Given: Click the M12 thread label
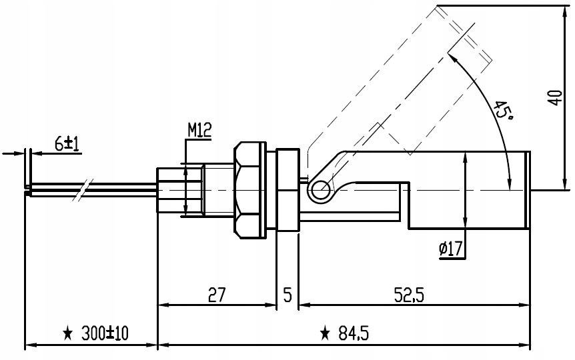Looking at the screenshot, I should pos(199,130).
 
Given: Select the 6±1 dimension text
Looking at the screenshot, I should pos(67,143).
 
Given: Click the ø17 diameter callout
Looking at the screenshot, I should pos(451,249).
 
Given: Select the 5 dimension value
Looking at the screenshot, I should pos(287,294).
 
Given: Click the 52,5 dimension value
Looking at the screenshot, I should pos(409,294).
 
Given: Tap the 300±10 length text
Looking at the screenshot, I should pos(107,333).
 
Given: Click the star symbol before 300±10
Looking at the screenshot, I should pos(67,333).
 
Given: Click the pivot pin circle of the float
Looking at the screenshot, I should pos(320,191).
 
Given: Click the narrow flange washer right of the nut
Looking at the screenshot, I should pos(287,189).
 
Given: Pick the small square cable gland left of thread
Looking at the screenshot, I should pos(171,190).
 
